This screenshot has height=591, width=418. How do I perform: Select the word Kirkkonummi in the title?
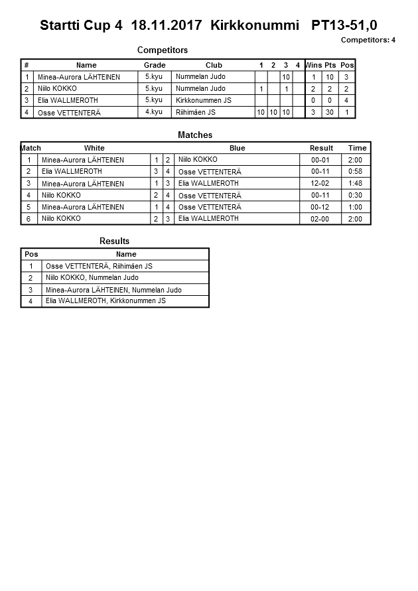coord(250,26)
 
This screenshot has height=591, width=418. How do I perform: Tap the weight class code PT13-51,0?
coord(344,26)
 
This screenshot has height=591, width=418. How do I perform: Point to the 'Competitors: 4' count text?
coord(368,40)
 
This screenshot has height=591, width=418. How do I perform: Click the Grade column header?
coord(155,65)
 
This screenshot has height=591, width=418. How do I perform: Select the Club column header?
coord(214,65)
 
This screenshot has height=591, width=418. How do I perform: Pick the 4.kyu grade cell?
coord(154,112)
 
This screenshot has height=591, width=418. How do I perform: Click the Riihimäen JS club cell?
coord(196,113)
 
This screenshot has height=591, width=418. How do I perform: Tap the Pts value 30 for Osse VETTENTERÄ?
coord(330,113)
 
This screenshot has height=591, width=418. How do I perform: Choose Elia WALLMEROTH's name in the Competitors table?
coord(69,101)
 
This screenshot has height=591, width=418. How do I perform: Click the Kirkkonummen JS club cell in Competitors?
coord(204,101)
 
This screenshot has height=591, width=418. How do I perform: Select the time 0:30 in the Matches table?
coord(356,196)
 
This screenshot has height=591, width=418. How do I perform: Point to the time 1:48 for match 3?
coord(356,184)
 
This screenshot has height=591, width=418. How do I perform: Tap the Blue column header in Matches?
coord(238,148)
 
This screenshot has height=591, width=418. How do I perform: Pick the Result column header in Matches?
coord(321,148)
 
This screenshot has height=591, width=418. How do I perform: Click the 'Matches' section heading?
coord(195,135)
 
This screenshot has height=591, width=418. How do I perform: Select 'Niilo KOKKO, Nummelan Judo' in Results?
coord(92,278)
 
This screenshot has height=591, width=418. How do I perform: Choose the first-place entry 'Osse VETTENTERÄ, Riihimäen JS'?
coord(99,266)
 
